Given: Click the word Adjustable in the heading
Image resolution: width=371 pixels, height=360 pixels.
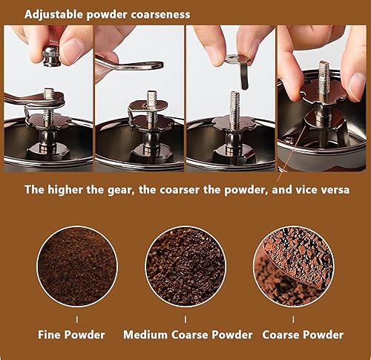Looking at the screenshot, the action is click(54, 15).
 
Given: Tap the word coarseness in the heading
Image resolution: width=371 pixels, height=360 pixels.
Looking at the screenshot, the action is click(160, 14).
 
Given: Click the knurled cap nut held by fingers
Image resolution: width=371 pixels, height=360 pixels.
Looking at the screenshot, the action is click(51, 56).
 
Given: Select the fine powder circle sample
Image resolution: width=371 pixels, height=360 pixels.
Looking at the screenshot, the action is click(77, 266).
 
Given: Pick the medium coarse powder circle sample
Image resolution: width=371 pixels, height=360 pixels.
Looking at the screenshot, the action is click(185, 266).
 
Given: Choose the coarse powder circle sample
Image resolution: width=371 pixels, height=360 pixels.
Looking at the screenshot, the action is click(294, 266).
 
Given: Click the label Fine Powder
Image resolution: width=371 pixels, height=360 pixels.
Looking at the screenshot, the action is click(71, 335).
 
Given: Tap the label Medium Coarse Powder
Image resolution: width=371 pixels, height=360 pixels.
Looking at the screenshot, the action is click(188, 335).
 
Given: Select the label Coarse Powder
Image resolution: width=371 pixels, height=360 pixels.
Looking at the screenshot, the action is click(303, 335).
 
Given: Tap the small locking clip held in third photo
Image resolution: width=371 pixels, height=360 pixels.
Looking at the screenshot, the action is click(238, 69).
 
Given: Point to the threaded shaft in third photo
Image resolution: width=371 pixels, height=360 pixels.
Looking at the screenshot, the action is click(235, 109).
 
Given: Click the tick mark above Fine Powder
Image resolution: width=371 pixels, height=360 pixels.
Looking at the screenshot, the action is click(77, 320).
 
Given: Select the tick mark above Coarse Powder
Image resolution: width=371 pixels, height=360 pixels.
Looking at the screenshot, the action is click(293, 320).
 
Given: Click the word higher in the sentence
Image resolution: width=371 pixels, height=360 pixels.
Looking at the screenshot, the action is click(65, 190).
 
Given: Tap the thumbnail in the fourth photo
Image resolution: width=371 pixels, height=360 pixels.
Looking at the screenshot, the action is click(357, 85).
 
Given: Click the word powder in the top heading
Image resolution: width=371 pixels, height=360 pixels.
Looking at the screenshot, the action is click(107, 15).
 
